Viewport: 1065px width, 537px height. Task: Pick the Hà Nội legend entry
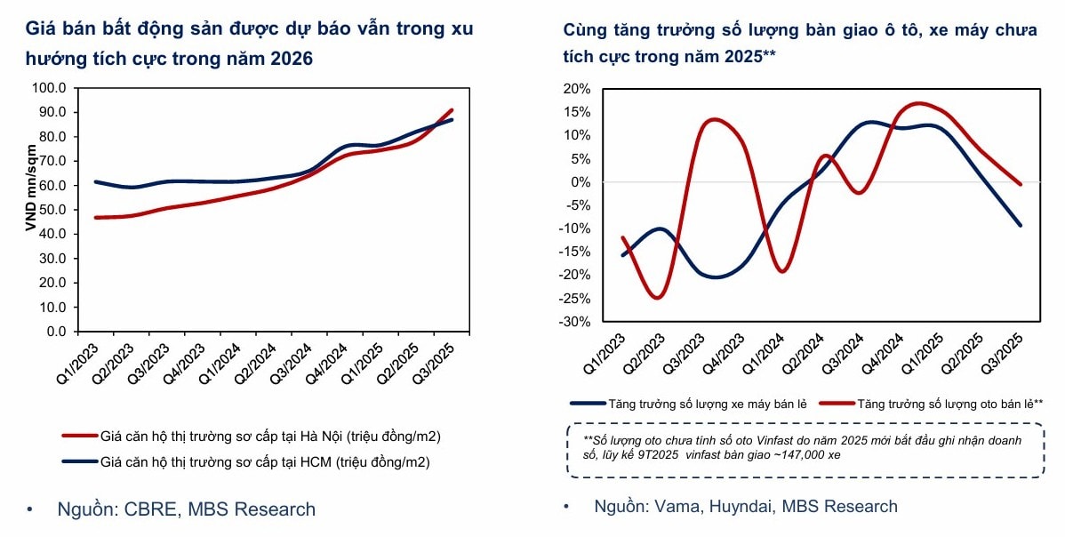pos(251,437)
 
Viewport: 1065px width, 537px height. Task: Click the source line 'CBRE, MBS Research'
pos(186,509)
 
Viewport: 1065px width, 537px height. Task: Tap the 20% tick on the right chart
pos(576,89)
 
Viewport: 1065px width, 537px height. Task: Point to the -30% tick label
pos(573,321)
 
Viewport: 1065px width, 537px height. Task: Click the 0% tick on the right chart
pos(580,182)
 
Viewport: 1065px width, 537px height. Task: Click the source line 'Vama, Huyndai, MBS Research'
pos(745,507)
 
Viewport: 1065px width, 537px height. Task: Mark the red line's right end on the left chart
pos(452,110)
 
